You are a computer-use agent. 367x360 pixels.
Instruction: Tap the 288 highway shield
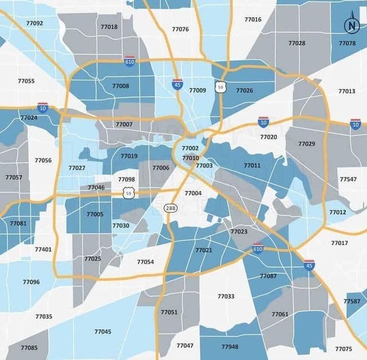170,208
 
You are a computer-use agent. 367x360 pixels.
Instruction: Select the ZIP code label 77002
190,149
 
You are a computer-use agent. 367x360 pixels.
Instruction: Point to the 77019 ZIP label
129,156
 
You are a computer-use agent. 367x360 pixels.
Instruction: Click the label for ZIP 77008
120,86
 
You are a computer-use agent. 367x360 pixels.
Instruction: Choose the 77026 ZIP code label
244,91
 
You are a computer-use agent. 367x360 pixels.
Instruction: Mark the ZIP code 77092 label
34,24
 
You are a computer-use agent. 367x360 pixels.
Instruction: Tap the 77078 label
347,44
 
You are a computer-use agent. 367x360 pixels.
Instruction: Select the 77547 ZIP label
348,180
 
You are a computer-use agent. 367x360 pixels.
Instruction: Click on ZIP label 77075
343,349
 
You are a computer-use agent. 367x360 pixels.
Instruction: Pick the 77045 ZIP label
103,332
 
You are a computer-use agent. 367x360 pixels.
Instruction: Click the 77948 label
229,347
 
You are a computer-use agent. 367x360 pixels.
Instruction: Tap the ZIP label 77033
226,297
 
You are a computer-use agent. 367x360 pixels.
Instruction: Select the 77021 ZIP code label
204,250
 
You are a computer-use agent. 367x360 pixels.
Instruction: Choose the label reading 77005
95,215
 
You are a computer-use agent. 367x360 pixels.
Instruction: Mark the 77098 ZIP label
127,180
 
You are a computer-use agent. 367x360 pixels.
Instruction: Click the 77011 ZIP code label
252,166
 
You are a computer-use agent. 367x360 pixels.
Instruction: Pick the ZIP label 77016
253,20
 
